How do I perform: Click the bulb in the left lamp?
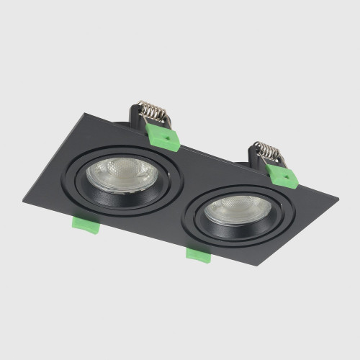pos(119,174)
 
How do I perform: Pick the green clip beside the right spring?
pos(282,176)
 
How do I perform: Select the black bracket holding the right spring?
pos(253,153)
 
